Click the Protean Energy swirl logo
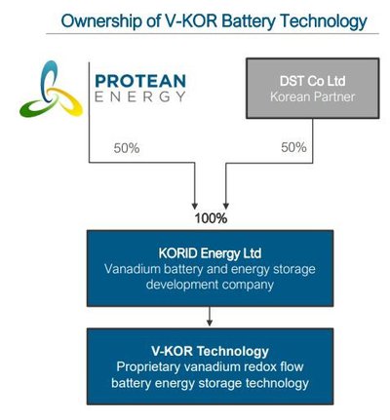tap(51, 90)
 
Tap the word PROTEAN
tap(140, 81)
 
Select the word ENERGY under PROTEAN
tap(140, 96)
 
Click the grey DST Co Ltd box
tap(313, 89)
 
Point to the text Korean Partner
tap(313, 96)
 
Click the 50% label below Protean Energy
tap(127, 148)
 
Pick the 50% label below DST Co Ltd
tap(293, 147)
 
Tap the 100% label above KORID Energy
tap(211, 218)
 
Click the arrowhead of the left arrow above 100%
tap(195, 206)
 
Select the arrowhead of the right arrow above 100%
tap(226, 206)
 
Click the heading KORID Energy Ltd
tap(210, 253)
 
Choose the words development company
tap(210, 285)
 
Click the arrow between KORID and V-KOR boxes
tap(210, 317)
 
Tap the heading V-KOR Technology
tap(210, 351)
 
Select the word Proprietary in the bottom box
tap(148, 367)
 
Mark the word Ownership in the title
tap(101, 21)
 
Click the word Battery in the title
tap(249, 21)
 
